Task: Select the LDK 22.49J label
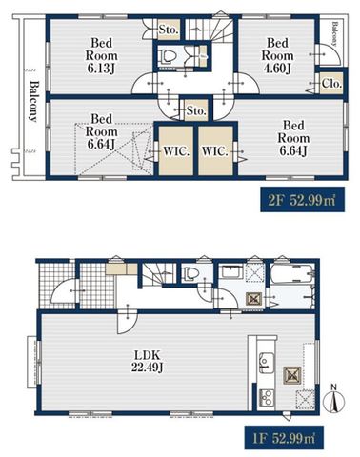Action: [x=148, y=361]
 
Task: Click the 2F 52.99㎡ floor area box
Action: [x=302, y=200]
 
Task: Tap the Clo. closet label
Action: [x=331, y=84]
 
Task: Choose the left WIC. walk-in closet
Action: [x=176, y=150]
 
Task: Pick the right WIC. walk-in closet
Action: [x=216, y=150]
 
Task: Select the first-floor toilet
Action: [x=190, y=273]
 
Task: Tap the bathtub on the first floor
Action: [x=292, y=273]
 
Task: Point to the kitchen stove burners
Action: [x=267, y=398]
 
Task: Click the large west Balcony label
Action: [x=33, y=102]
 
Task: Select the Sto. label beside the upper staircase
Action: [x=168, y=30]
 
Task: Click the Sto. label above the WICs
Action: [x=196, y=110]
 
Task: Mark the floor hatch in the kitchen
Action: [x=292, y=376]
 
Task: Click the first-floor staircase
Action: [x=158, y=274]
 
